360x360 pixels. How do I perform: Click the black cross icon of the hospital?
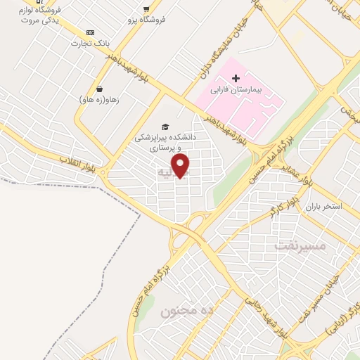click(x=236, y=77)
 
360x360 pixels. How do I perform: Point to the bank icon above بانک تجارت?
click(x=90, y=32)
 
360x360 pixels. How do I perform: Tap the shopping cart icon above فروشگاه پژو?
click(x=146, y=8)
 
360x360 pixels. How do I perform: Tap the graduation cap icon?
click(x=165, y=127)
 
